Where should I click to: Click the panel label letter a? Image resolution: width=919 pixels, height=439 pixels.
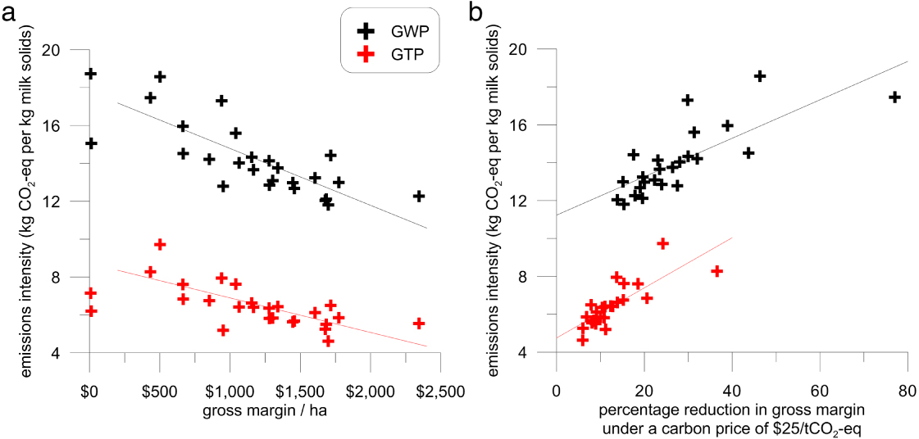coord(9,13)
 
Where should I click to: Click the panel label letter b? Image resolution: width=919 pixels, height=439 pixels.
coord(475,13)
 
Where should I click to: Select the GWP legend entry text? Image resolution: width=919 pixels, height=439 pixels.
coord(407,30)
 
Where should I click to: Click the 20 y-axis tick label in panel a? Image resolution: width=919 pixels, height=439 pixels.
coord(52,50)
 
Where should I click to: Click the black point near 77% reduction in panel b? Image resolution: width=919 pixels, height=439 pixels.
coord(894,97)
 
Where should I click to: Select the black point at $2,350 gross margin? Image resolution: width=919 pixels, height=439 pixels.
coord(419,196)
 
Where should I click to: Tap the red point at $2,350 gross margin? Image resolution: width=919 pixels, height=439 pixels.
coord(419,324)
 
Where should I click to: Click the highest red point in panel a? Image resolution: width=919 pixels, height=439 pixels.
coord(160,244)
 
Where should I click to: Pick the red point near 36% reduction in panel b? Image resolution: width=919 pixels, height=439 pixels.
coord(717,270)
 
